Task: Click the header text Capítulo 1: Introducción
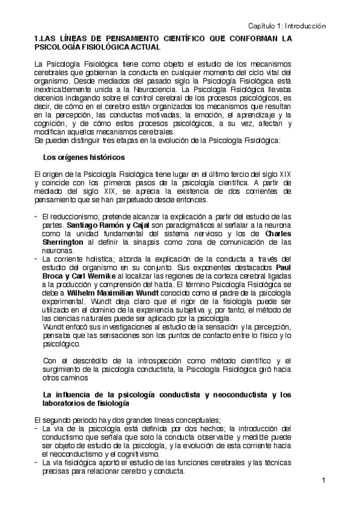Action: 287,26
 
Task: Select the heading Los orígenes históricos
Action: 84,158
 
